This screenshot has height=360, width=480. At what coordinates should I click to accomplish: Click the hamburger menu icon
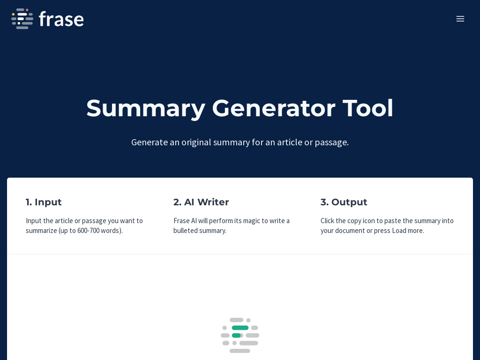[460, 19]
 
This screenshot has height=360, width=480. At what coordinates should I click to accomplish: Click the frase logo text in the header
[61, 19]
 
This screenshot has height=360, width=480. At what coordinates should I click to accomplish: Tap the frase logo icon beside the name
[22, 19]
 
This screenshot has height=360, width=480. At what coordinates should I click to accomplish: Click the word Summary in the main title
[145, 108]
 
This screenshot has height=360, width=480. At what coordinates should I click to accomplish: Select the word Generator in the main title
[273, 108]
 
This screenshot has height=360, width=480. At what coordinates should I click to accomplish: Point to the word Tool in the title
[368, 108]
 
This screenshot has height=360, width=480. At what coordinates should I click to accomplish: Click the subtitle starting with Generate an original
[240, 142]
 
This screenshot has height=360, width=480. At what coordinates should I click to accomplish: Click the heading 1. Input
[44, 202]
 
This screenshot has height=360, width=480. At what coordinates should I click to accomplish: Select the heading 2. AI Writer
[201, 202]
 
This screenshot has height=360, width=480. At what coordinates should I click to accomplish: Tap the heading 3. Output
[344, 202]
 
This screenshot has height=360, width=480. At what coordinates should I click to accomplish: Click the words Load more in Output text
[408, 231]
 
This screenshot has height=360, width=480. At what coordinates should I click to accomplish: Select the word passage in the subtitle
[331, 142]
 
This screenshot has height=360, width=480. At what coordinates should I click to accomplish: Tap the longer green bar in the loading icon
[240, 328]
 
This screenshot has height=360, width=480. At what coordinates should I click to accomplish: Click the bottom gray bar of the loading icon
[240, 351]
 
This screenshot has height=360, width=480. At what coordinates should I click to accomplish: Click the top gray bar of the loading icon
[236, 320]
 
